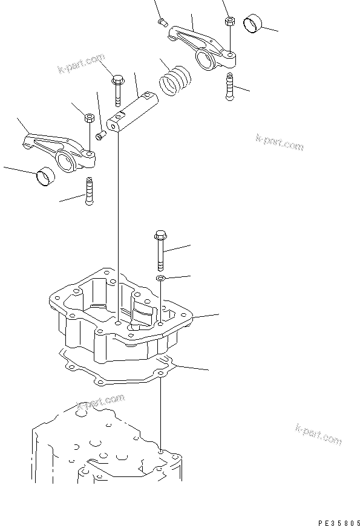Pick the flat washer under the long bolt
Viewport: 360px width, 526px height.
160,278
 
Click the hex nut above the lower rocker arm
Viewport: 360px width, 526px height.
89,117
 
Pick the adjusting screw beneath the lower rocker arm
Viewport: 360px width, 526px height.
90,190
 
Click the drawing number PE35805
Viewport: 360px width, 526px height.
333,519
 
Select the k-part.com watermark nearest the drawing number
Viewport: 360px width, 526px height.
318,433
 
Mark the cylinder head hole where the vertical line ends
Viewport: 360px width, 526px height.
160,451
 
